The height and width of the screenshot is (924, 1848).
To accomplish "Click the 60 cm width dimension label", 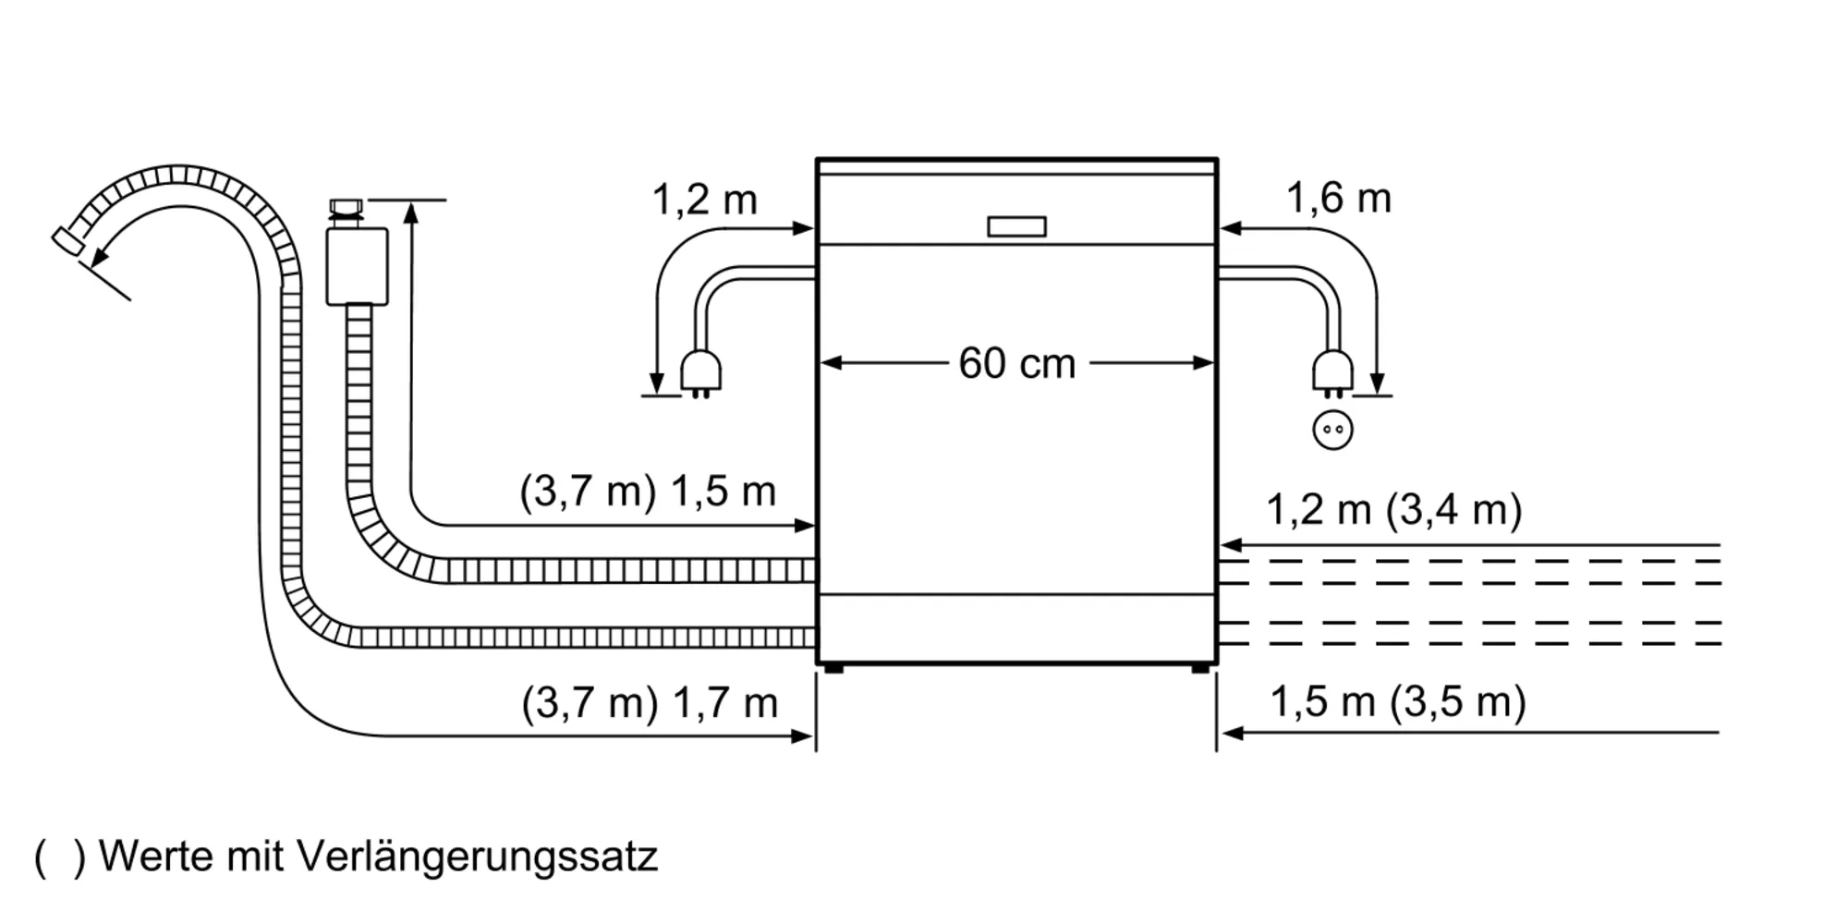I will [x=1016, y=363].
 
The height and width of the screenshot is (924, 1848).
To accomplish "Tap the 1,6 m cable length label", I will [x=1338, y=199].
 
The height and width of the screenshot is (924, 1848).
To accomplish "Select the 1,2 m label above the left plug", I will [x=704, y=200].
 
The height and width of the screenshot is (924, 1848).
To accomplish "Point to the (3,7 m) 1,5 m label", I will [x=648, y=491].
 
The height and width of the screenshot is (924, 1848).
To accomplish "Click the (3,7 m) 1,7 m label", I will [x=650, y=703].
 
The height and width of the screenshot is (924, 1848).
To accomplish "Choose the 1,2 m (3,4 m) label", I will [x=1393, y=509].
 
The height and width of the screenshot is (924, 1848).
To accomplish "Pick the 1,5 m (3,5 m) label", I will [x=1397, y=701].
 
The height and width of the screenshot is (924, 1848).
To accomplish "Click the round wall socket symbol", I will [x=1332, y=430].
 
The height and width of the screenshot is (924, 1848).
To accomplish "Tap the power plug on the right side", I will [x=1332, y=372].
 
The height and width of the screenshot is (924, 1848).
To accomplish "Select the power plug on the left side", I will [x=700, y=372].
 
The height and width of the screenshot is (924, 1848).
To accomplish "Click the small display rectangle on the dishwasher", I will [x=1016, y=226].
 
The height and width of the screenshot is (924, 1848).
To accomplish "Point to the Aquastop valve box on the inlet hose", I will [x=357, y=266].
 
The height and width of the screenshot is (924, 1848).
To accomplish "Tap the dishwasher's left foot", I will [x=833, y=667].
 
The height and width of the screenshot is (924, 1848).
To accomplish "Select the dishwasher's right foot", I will [x=1199, y=667].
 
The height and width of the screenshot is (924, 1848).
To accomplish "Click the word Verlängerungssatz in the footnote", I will [x=477, y=857].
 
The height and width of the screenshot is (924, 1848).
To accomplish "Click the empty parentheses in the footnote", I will [x=59, y=857].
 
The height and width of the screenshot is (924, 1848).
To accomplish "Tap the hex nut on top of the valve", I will [x=346, y=206].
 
